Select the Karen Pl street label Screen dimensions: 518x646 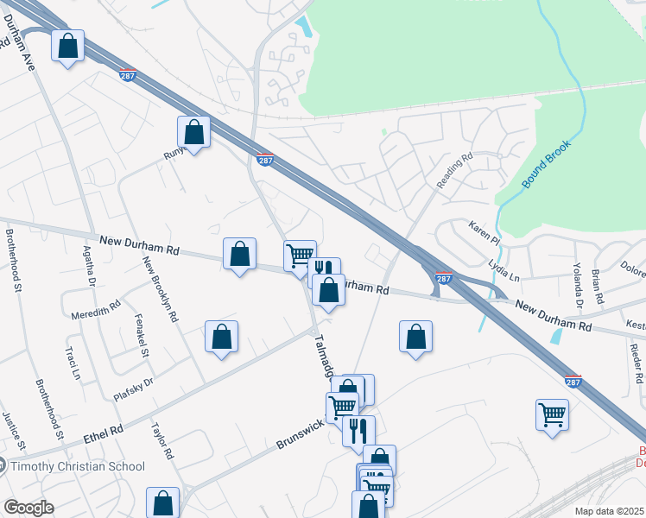tap(484, 232)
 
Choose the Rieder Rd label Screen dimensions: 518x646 tap(636, 363)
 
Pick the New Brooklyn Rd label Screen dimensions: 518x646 tap(161, 290)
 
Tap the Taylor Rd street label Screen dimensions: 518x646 tap(163, 439)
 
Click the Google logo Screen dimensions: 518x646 tap(28, 508)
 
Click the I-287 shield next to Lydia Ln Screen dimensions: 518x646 tap(443, 278)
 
